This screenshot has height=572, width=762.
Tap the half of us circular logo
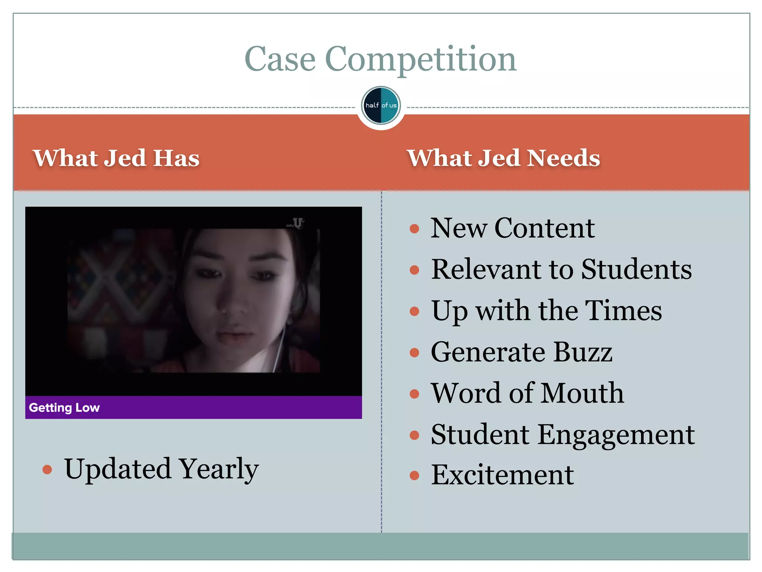381,105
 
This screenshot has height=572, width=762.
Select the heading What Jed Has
116,158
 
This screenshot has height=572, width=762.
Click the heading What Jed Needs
503,158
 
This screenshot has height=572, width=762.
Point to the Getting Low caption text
64,408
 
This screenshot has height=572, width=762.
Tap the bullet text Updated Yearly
161,469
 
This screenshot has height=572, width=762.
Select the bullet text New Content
512,228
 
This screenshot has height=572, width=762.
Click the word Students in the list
636,269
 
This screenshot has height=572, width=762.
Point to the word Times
623,311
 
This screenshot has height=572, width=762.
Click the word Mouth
583,393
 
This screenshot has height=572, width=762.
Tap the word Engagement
616,435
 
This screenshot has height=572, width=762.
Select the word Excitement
502,475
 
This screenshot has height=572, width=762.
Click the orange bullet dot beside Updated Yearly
47,469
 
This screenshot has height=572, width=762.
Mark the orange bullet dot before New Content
414,228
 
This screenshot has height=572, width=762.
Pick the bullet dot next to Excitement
414,476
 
